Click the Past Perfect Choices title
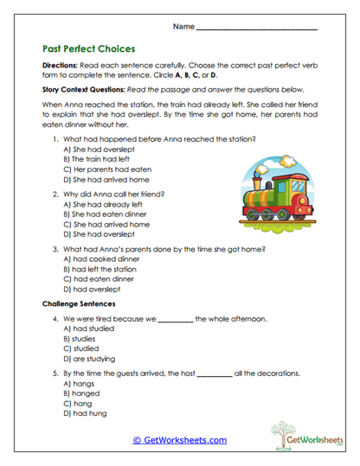point(88,49)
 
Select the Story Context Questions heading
point(87,89)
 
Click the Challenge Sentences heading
point(79,304)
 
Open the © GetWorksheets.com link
point(179,440)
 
